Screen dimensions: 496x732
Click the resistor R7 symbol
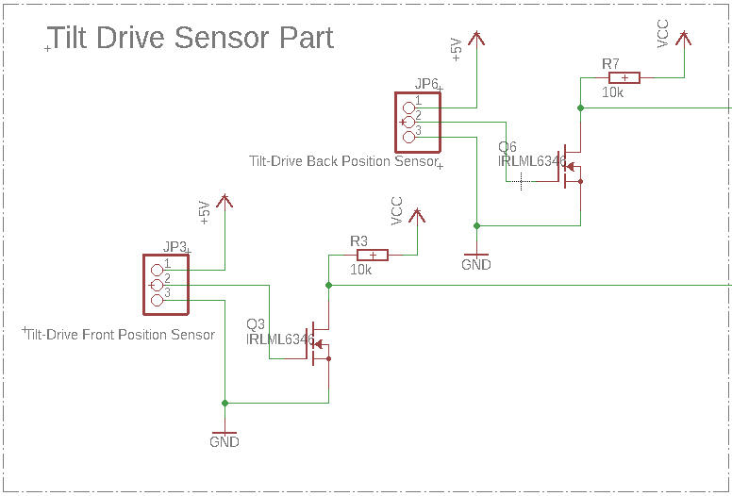click(624, 77)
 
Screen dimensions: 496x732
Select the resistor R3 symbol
click(373, 255)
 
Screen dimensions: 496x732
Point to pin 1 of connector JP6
click(409, 107)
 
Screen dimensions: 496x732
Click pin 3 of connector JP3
click(158, 299)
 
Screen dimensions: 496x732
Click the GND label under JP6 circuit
click(476, 265)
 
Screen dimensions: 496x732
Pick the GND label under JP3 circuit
click(225, 442)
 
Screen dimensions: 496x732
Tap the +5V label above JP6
click(457, 50)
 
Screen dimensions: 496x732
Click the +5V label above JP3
click(205, 213)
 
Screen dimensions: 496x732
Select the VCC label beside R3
click(397, 210)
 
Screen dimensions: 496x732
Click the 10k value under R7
click(613, 92)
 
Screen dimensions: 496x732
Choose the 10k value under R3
click(360, 270)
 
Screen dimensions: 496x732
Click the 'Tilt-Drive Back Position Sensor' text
click(343, 161)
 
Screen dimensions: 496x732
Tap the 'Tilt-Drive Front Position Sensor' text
click(121, 335)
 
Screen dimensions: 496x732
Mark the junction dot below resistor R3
click(328, 285)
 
